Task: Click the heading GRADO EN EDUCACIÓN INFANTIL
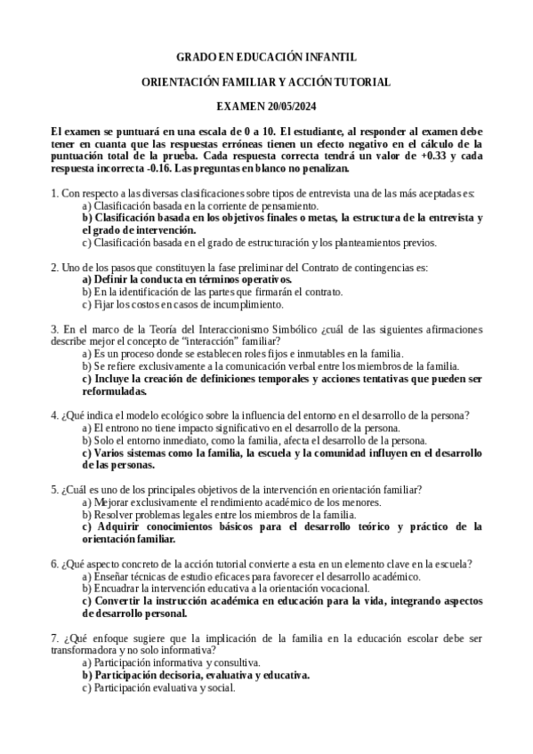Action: coord(266,57)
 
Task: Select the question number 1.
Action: coord(54,193)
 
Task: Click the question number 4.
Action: coord(54,415)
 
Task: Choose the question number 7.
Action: coord(54,638)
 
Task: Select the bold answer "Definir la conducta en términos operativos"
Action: coord(192,279)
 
